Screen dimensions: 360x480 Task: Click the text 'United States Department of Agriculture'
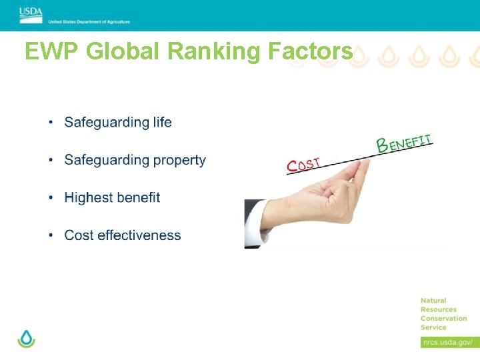pyautogui.click(x=89, y=22)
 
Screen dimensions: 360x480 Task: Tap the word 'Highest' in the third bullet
pyautogui.click(x=88, y=198)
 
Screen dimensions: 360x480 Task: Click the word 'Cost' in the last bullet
pyautogui.click(x=79, y=235)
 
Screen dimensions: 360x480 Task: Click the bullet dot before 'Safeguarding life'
pyautogui.click(x=51, y=123)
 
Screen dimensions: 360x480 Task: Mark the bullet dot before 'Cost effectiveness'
pyautogui.click(x=51, y=236)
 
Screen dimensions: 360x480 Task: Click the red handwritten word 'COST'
pyautogui.click(x=303, y=164)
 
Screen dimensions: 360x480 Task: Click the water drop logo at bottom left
pyautogui.click(x=26, y=338)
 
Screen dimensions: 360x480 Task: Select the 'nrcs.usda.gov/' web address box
pyautogui.click(x=447, y=342)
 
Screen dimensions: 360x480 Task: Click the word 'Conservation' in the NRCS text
pyautogui.click(x=444, y=318)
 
